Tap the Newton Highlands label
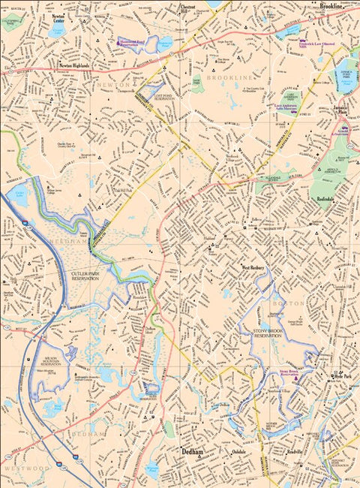point(73,66)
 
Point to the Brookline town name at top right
point(331,6)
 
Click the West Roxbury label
point(255,267)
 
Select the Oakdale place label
point(238,452)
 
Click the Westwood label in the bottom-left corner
point(16,468)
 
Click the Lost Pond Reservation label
point(163,98)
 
